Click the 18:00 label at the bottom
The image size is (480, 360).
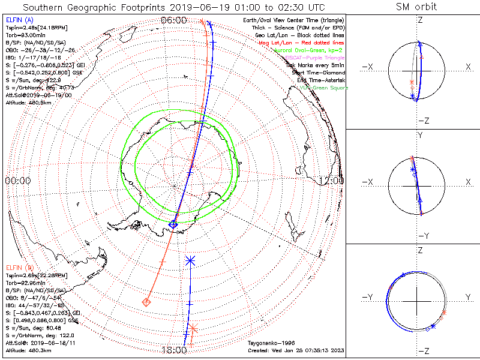click(174, 350)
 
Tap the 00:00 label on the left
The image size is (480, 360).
click(18, 180)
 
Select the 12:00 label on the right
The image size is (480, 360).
click(331, 180)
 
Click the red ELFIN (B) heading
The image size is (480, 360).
click(20, 267)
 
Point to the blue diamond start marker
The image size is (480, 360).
click(173, 224)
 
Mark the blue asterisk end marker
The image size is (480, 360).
click(190, 260)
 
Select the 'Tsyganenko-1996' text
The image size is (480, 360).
click(271, 344)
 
